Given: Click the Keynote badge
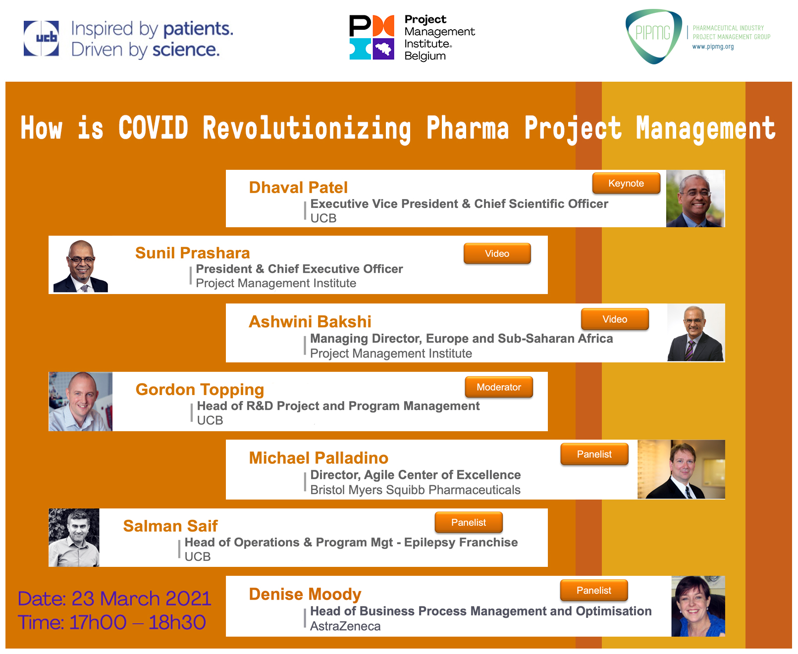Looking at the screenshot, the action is pos(626,183).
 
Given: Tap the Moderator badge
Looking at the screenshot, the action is pos(499,387).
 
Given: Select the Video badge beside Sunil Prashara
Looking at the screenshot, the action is pos(497,253).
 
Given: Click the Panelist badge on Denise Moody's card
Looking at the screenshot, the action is pos(594,590).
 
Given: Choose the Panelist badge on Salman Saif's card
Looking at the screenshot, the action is pos(469,522).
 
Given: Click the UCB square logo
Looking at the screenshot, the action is pos(41,38).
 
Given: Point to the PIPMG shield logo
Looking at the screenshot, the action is pos(654,36).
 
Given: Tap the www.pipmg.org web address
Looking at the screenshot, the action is pos(713,47).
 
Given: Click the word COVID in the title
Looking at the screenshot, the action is pos(153,127).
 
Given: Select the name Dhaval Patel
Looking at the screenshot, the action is pos(298,187).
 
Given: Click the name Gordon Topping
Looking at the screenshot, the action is pos(200,390).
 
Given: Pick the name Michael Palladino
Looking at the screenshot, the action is pos(319,457).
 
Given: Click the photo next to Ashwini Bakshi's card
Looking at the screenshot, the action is pos(695,333).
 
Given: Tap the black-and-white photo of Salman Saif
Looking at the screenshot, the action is pos(74,537).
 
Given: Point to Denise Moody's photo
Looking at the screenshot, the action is pos(698,606).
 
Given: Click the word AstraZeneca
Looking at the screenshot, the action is pos(345,626).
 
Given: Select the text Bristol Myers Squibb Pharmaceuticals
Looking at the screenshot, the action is pos(415,490).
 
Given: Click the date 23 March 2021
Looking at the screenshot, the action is pos(141,599).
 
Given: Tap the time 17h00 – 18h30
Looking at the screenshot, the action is pos(138,622).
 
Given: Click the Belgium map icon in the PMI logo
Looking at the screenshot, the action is pos(383,49).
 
